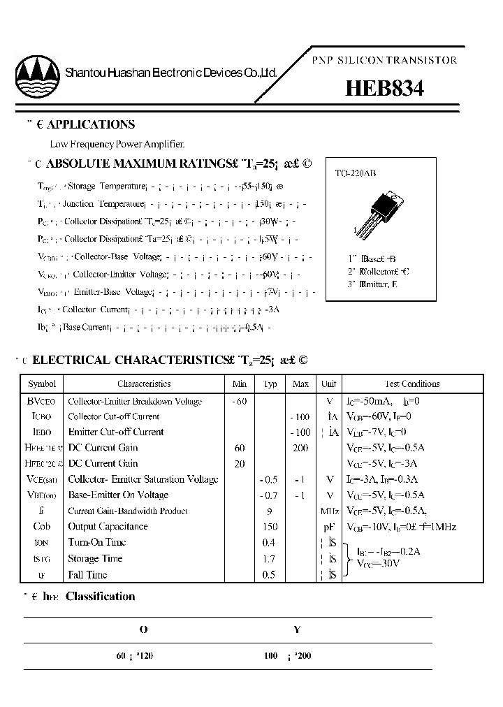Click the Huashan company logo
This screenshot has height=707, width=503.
coord(37,75)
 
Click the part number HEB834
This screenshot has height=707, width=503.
coord(384,88)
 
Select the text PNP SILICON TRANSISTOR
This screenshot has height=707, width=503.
coord(384,60)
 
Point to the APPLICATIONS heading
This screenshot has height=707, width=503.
coord(90,124)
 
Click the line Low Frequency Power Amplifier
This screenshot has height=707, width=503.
coord(117,145)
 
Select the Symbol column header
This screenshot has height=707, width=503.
coord(41,384)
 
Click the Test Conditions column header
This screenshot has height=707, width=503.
coord(412,384)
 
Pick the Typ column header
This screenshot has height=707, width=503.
coord(270,384)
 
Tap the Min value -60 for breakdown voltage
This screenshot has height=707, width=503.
coord(239,401)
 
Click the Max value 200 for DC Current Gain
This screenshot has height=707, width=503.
coord(300,448)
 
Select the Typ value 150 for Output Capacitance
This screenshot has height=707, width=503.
coord(270,527)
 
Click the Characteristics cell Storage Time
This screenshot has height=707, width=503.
coord(95,558)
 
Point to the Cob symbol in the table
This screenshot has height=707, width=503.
coord(41,527)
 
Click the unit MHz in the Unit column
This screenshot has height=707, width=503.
coord(328,511)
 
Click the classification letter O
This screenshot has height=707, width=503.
coord(143,629)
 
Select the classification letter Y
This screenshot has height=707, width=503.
coord(297,629)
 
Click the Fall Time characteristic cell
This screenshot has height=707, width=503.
coord(87,574)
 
